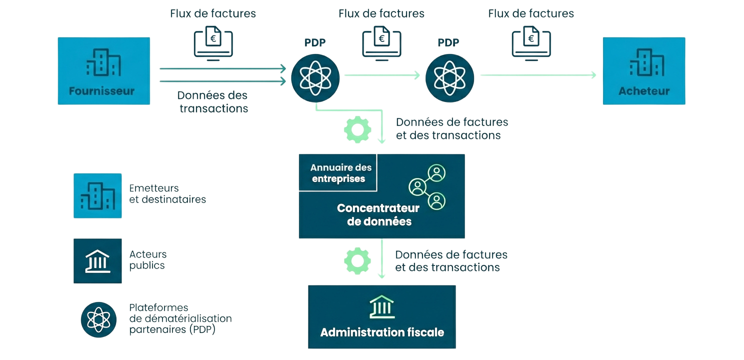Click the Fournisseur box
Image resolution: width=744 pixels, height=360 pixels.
[x=103, y=70]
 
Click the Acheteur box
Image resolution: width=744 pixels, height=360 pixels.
[x=643, y=70]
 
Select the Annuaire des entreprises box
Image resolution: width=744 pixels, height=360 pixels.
[x=337, y=172]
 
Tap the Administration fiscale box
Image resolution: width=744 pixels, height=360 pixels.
[x=382, y=316]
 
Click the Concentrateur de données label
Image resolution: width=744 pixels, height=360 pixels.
[x=378, y=214]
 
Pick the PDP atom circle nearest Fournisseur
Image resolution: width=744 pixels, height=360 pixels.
[x=315, y=77]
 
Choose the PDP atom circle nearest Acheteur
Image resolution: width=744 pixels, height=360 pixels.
[x=449, y=77]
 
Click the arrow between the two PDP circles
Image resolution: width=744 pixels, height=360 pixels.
[x=382, y=75]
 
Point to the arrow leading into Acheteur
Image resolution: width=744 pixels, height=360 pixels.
[x=538, y=75]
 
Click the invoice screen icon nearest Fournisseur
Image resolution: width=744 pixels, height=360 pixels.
[x=213, y=43]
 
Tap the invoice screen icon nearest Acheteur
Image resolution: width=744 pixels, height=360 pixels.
[x=531, y=43]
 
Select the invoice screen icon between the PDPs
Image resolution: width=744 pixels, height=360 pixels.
[x=382, y=43]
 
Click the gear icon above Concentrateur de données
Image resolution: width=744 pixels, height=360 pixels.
[x=357, y=129]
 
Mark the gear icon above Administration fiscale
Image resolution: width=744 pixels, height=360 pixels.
[x=357, y=260]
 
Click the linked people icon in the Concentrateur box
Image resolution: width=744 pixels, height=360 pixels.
[x=428, y=187]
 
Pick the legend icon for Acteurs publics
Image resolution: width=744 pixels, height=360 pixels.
[x=97, y=260]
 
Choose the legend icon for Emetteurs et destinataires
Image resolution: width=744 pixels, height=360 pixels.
[x=97, y=195]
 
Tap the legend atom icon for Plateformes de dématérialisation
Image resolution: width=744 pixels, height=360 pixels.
[x=98, y=319]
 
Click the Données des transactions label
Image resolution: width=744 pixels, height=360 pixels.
[x=213, y=101]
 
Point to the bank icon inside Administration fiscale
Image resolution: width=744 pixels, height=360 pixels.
[x=382, y=306]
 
